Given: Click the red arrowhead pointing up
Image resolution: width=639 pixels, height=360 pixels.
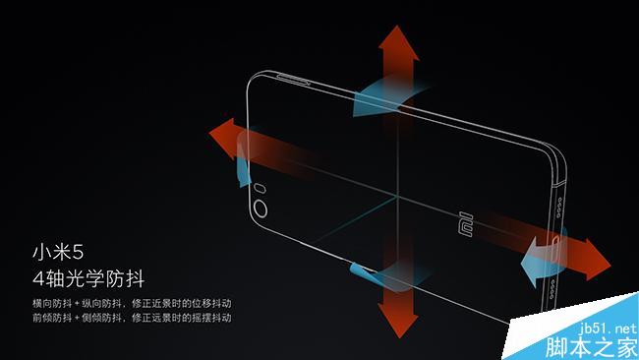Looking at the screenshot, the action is click(x=398, y=41).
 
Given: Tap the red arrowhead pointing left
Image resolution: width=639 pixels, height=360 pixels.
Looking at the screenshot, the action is click(x=222, y=133).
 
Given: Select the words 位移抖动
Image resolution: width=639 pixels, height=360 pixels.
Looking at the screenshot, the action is click(x=210, y=302).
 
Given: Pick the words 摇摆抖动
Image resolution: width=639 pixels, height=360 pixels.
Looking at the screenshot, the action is click(x=210, y=318).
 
